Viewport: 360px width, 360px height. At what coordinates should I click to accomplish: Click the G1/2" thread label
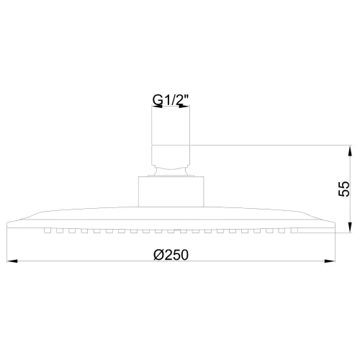pos(171,100)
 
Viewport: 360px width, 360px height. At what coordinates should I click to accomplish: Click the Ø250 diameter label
pos(171,255)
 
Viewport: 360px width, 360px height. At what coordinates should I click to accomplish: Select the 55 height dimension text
pos(343,189)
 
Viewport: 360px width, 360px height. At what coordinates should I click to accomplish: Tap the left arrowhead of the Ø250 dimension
pos(12,261)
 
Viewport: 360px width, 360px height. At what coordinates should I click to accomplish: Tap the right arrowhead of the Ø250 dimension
pos(329,261)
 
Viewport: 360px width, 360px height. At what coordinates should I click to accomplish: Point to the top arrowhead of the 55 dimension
pos(350,151)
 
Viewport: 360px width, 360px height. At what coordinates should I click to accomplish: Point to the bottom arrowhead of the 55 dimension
pos(350,227)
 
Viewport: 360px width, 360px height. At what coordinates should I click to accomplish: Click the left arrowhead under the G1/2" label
pos(157,107)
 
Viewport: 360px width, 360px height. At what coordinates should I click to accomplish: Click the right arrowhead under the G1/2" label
pos(184,107)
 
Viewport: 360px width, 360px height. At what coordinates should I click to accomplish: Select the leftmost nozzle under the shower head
pos(48,230)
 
